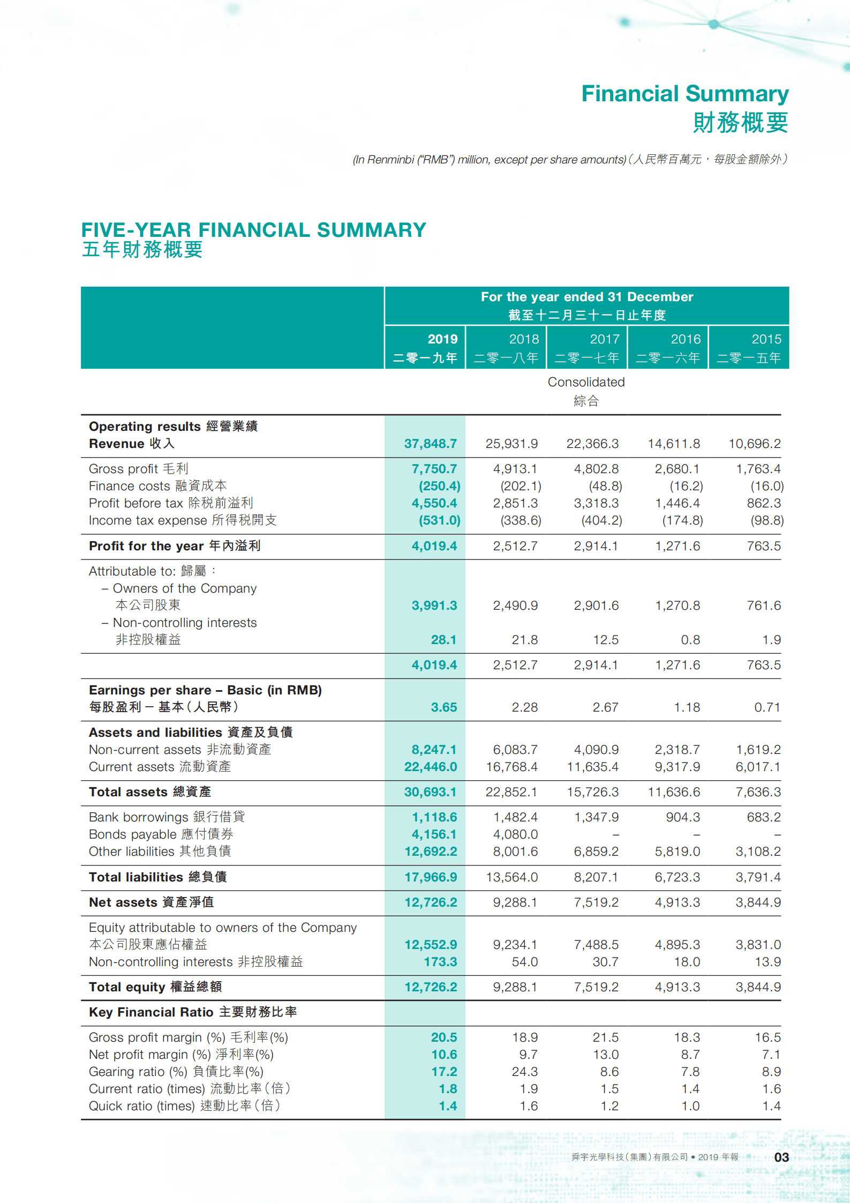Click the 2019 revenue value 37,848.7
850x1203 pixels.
[430, 444]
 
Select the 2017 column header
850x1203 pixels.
[587, 347]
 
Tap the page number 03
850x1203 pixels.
[781, 1157]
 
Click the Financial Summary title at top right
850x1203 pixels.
[684, 94]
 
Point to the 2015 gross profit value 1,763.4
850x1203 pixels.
[758, 469]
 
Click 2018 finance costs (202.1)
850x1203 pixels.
[521, 486]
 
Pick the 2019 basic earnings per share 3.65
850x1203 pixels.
[443, 707]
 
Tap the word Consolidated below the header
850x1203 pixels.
[586, 382]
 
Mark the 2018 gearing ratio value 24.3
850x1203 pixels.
[525, 1072]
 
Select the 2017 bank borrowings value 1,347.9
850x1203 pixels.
[596, 817]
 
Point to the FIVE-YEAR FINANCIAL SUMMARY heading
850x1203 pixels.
[253, 230]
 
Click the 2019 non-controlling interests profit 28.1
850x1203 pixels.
[443, 640]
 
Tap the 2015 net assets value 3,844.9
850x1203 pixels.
[758, 902]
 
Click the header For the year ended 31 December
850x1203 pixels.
[586, 297]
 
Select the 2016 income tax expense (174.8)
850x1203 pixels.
[682, 520]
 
